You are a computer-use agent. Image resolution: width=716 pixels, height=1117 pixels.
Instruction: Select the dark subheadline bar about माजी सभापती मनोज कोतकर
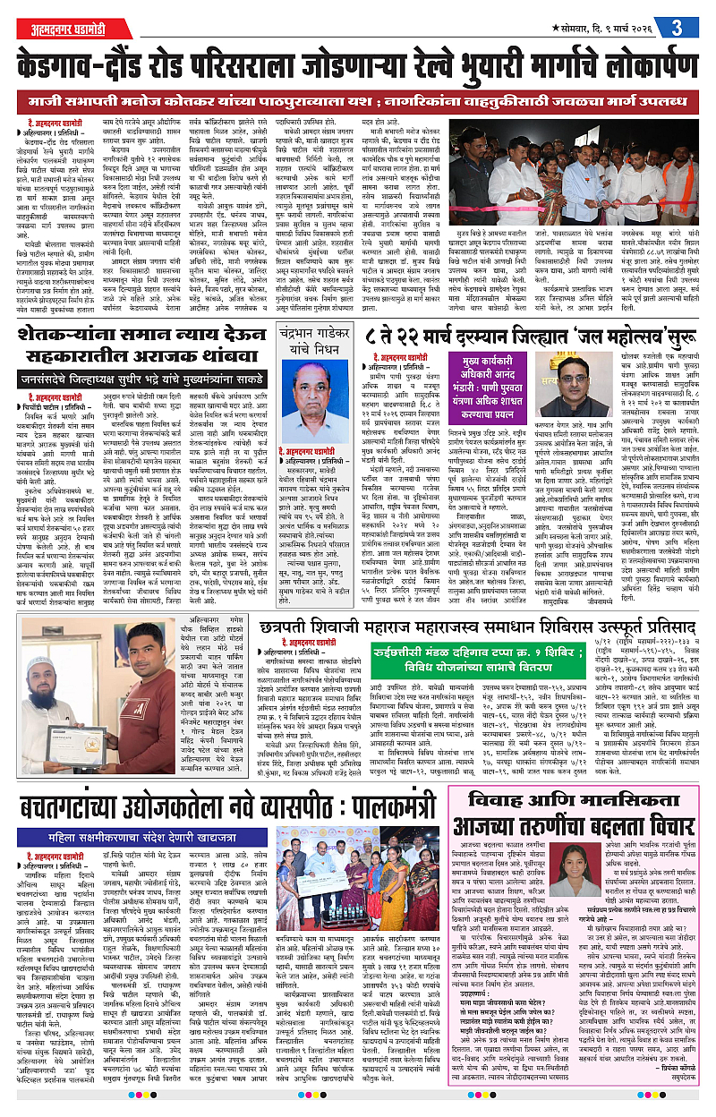coord(357,98)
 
